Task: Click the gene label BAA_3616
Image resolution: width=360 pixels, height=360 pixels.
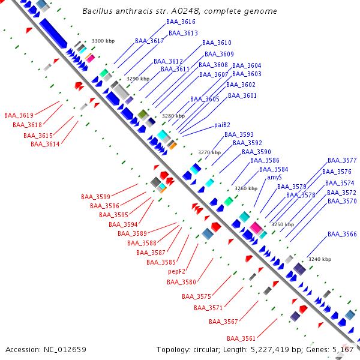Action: (181, 22)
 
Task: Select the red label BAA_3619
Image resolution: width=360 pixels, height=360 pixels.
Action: (19, 115)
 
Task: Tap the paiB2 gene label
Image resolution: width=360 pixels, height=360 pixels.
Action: (223, 125)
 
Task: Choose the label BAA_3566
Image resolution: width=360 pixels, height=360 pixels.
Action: (342, 234)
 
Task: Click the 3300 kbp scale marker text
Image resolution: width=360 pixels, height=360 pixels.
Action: (103, 41)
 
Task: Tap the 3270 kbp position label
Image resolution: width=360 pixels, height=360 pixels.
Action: (209, 152)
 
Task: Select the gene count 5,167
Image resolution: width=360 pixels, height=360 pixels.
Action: (343, 349)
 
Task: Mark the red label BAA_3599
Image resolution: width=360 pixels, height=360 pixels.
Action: (95, 197)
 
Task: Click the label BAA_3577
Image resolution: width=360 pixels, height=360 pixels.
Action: (342, 161)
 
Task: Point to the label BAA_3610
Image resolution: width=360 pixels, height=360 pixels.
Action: (217, 43)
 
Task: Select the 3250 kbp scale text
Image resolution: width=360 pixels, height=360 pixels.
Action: (283, 224)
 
